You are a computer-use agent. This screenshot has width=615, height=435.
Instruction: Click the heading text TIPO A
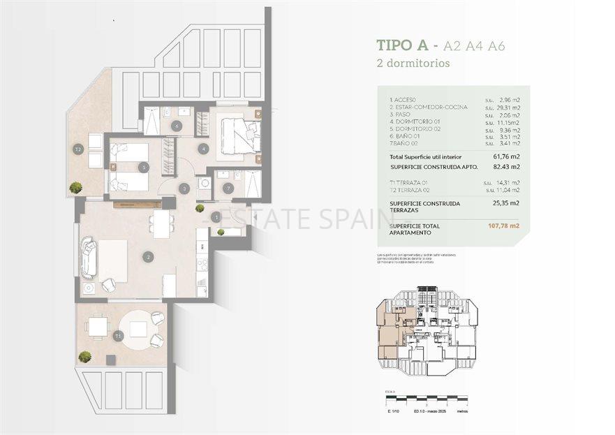(402, 46)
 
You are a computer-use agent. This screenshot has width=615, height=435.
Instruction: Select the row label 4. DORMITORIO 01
(417, 122)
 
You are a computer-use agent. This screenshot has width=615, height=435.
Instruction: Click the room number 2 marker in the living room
(148, 257)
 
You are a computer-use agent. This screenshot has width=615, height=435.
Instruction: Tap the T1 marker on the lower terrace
(118, 336)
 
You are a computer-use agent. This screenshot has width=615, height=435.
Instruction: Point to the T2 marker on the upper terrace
(78, 149)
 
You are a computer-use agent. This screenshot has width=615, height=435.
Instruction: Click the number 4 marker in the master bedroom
(202, 148)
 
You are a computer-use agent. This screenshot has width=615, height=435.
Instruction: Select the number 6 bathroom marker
(176, 126)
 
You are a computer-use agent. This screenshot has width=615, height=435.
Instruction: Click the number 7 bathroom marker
(228, 187)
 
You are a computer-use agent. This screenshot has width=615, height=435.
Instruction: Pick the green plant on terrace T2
(75, 187)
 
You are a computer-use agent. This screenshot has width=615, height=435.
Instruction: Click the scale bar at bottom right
(426, 401)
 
